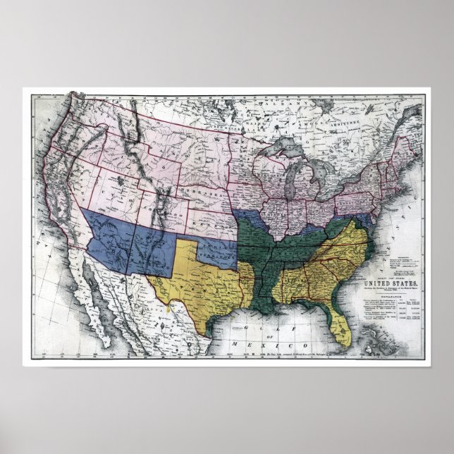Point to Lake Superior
pos(282,152)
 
